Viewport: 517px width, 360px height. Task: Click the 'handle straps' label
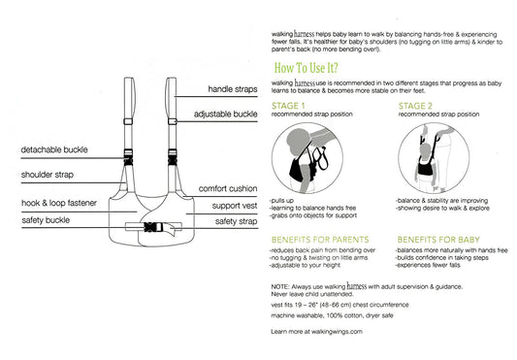[233, 89]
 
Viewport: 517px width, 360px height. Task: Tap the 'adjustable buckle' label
[226, 115]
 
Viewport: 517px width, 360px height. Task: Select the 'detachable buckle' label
[54, 149]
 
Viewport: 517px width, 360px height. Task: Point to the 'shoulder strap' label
[48, 175]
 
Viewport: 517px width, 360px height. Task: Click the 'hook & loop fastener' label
[59, 203]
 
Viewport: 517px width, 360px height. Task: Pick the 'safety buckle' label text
[46, 220]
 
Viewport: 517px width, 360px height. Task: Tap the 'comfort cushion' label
[228, 189]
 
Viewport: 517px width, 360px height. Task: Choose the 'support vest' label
[235, 206]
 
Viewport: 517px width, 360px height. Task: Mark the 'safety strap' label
[236, 221]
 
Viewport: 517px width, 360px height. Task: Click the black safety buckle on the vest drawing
[153, 227]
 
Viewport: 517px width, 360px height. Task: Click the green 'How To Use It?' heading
[307, 68]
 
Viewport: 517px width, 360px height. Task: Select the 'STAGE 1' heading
[288, 106]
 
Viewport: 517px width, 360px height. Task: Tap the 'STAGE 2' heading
[415, 106]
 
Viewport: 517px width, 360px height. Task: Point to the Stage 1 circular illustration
[307, 158]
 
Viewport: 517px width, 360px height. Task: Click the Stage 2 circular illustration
[434, 158]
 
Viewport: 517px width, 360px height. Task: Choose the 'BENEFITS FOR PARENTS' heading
[320, 240]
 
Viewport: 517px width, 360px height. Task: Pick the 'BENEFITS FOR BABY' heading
[438, 240]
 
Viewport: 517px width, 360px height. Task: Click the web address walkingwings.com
[337, 332]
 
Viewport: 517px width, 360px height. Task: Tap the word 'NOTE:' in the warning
[280, 287]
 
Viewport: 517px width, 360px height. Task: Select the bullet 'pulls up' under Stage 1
[282, 201]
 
